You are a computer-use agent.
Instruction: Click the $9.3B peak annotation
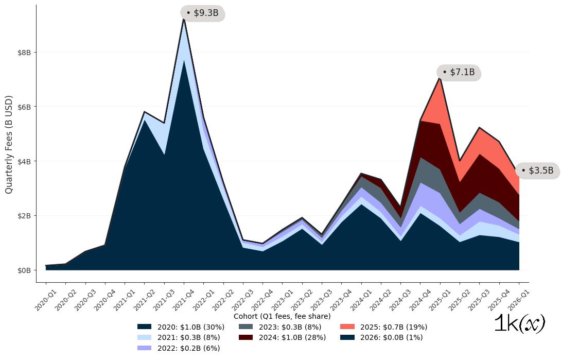203,13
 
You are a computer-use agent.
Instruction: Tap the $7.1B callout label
459,72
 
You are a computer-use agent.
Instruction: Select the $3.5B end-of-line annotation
537,170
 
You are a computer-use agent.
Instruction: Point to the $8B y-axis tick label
24,53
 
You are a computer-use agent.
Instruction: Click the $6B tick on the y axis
24,107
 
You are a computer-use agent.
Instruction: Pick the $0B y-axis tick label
24,270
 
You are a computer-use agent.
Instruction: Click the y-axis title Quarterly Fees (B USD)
9,144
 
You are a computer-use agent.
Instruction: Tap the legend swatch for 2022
145,348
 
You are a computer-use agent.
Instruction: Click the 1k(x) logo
519,324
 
